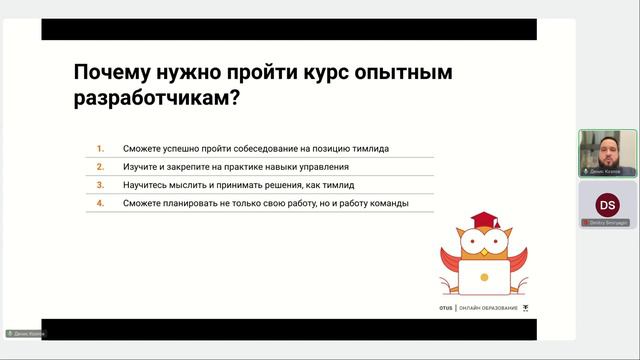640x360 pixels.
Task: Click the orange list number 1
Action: [x=100, y=148]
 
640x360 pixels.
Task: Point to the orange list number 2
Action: [x=100, y=166]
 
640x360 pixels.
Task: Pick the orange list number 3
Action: [x=100, y=185]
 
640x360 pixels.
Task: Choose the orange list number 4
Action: [x=100, y=203]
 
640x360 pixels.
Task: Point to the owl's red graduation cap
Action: [x=485, y=221]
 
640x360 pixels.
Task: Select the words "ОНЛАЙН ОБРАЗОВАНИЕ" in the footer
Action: [x=488, y=308]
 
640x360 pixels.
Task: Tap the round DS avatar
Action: [x=607, y=204]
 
